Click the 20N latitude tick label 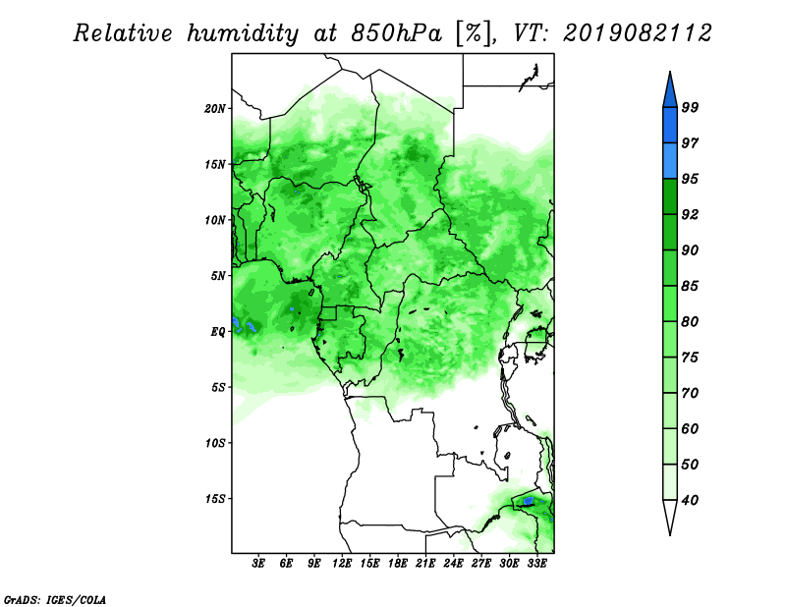pyautogui.click(x=215, y=109)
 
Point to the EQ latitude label pyautogui.click(x=217, y=332)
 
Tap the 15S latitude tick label pyautogui.click(x=215, y=499)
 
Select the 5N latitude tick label pyautogui.click(x=218, y=276)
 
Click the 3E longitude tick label pyautogui.click(x=258, y=564)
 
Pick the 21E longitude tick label pyautogui.click(x=425, y=564)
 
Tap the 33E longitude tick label pyautogui.click(x=536, y=564)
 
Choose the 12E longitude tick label pyautogui.click(x=342, y=564)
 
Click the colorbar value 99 pyautogui.click(x=690, y=107)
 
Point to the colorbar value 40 pyautogui.click(x=690, y=500)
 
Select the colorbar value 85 pyautogui.click(x=690, y=286)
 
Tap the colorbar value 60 pyautogui.click(x=690, y=428)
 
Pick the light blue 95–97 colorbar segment pyautogui.click(x=670, y=161)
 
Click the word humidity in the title pyautogui.click(x=243, y=34)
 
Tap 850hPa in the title pyautogui.click(x=396, y=33)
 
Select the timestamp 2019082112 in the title pyautogui.click(x=637, y=33)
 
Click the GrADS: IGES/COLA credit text pyautogui.click(x=55, y=599)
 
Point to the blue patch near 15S pyautogui.click(x=528, y=501)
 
